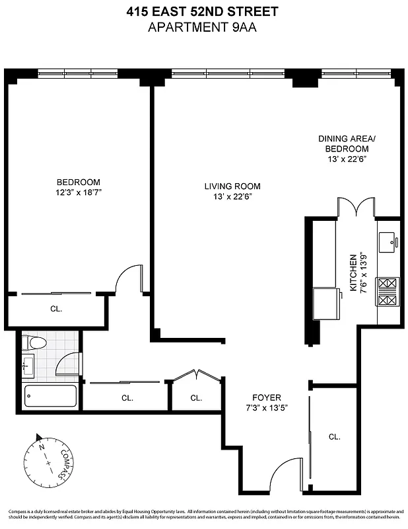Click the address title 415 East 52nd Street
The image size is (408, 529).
pos(203,11)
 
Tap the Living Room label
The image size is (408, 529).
pos(232,186)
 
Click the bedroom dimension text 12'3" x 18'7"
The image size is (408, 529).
pos(78,192)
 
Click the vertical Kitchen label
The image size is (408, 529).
pos(354,274)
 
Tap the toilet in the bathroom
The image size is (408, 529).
pos(33,343)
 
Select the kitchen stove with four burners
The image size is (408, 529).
pos(388,292)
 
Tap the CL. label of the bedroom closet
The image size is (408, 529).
pos(56,308)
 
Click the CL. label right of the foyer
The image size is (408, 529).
pos(335,436)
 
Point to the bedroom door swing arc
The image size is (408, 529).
pos(128,278)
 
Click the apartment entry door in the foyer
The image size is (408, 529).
pos(285,473)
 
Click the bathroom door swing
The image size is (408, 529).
pos(68,364)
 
